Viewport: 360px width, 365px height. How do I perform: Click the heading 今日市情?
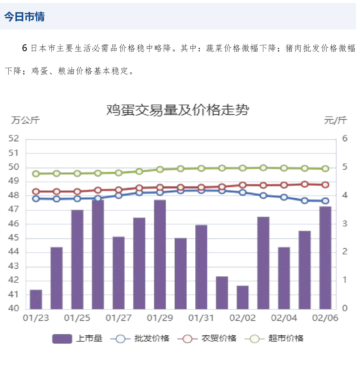click(x=24, y=17)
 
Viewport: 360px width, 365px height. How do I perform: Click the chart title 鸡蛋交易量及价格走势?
click(x=177, y=110)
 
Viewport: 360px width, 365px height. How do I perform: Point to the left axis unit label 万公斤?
click(x=25, y=120)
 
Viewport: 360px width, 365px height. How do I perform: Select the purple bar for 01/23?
click(x=36, y=299)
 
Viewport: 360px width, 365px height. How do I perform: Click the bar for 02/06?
click(x=325, y=258)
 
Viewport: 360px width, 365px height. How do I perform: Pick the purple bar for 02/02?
click(x=243, y=297)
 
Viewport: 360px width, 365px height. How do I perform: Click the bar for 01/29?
click(x=160, y=254)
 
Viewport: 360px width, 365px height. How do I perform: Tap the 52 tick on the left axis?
click(x=15, y=139)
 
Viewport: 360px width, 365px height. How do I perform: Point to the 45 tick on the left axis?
click(x=15, y=238)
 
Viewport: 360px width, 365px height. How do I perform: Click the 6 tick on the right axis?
click(x=345, y=139)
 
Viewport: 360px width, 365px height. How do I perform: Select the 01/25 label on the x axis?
click(x=77, y=318)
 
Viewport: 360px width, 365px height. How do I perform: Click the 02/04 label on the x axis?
click(x=284, y=318)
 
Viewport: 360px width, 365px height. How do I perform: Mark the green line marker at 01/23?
click(x=36, y=174)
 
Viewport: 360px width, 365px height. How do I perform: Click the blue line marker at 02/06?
click(x=325, y=201)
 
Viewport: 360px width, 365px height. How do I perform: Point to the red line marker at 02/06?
click(x=325, y=185)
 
